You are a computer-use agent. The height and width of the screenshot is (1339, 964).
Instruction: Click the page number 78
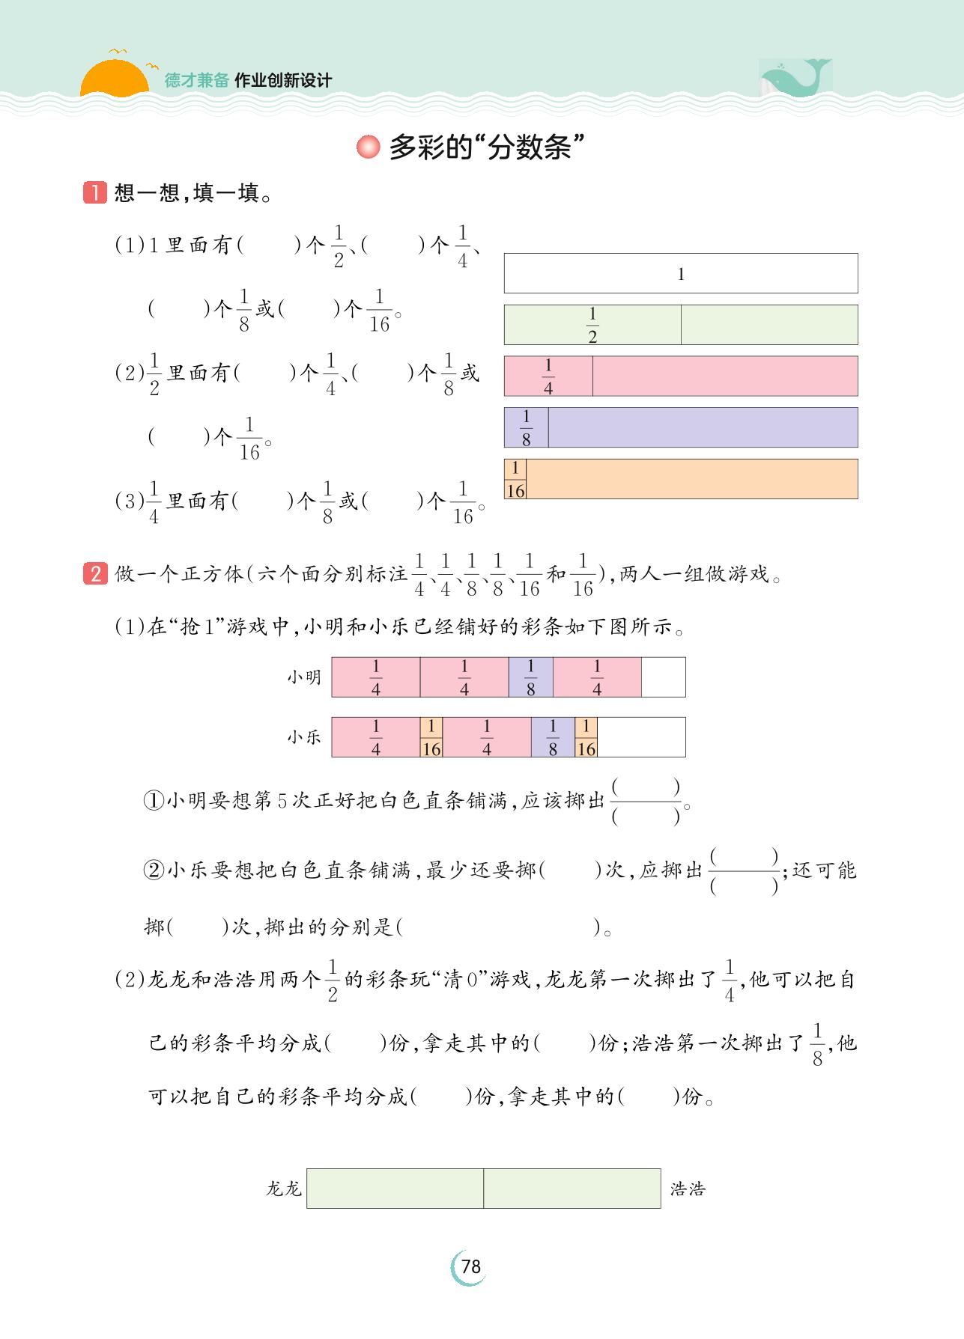470,1266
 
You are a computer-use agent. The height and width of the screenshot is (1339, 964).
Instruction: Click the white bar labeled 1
680,273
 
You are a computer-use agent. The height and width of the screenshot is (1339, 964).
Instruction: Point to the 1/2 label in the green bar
592,325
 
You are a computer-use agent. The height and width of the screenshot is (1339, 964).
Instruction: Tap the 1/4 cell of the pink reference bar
548,376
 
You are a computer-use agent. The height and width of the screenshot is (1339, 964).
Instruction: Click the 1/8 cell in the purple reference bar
526,427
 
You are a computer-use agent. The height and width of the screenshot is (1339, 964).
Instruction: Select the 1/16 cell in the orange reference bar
515,479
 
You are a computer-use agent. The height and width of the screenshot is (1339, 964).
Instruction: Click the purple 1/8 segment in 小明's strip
530,677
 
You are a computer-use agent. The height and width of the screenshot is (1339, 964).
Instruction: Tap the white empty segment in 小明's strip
663,677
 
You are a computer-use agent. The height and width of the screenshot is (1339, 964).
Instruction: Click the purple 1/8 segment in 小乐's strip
553,737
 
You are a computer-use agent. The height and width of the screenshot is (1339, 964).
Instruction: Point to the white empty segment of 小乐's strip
641,737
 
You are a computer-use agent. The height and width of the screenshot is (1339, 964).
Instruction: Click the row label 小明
304,677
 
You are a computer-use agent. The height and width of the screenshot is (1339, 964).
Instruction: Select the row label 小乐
304,737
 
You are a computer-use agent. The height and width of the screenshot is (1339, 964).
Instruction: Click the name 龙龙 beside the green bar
283,1189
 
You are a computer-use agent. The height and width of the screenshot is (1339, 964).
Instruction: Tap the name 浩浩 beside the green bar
688,1189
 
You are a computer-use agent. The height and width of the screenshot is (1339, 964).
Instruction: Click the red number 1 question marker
95,193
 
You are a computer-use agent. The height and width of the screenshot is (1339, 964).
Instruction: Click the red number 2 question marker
95,574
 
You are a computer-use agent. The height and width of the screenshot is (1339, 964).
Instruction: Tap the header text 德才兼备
196,81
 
